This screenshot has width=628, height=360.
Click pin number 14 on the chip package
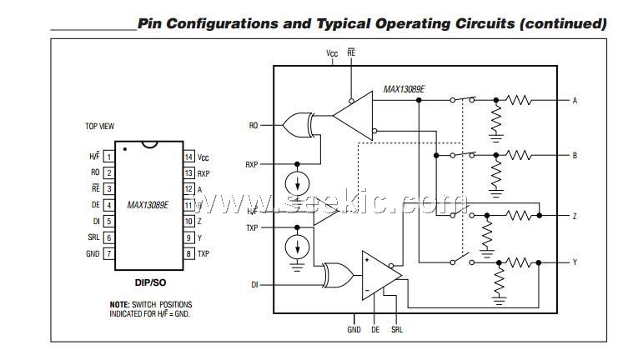pyautogui.click(x=188, y=157)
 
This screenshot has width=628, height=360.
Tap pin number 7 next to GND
pyautogui.click(x=108, y=253)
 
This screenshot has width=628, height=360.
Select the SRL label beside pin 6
pyautogui.click(x=93, y=237)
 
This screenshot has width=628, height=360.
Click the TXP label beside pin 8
pyautogui.click(x=203, y=253)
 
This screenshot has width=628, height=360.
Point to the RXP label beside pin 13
pyautogui.click(x=203, y=173)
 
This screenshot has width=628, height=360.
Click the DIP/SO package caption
pyautogui.click(x=150, y=282)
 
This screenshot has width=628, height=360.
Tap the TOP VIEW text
pyautogui.click(x=99, y=127)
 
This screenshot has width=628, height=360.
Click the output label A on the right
pyautogui.click(x=575, y=101)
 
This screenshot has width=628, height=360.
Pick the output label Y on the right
pyautogui.click(x=575, y=262)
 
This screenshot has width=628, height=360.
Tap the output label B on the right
pyautogui.click(x=575, y=155)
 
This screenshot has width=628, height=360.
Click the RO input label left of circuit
pyautogui.click(x=254, y=126)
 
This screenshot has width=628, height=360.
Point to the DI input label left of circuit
pyautogui.click(x=254, y=285)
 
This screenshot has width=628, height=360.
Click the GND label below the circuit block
pyautogui.click(x=354, y=329)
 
